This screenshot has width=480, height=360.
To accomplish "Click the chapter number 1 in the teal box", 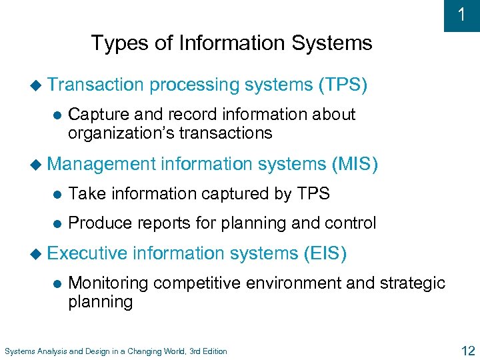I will click(462, 15).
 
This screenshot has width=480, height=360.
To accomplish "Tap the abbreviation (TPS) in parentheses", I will click(343, 85).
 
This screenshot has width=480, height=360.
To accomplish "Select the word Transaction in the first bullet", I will click(96, 85).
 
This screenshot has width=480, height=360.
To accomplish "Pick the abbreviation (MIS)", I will click(354, 163).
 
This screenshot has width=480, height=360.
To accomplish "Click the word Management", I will click(101, 163).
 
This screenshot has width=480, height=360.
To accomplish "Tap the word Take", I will click(87, 193).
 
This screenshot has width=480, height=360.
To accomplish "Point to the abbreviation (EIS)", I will click(325, 253).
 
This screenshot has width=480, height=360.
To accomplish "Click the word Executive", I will click(87, 253).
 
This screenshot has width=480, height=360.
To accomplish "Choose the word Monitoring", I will click(109, 283).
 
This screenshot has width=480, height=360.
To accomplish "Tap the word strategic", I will click(413, 283).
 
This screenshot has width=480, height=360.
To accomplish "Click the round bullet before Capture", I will click(56, 115).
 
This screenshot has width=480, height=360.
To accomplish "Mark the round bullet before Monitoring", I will click(56, 283).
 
